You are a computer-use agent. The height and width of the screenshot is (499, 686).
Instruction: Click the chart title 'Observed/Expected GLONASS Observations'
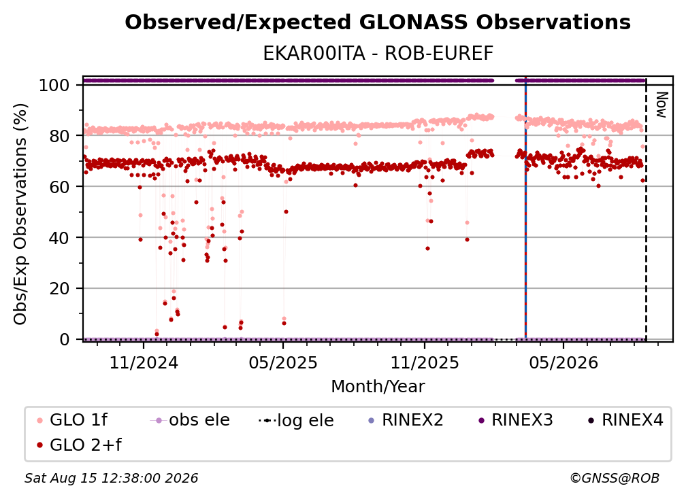coord(378,22)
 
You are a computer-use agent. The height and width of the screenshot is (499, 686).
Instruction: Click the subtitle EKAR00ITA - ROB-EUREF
coord(378,54)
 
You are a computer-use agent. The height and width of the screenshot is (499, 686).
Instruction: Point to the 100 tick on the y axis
coord(54,85)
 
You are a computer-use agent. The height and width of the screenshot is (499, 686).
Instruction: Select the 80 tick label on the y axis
coord(59,136)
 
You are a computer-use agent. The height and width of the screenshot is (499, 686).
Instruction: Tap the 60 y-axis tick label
coord(59,187)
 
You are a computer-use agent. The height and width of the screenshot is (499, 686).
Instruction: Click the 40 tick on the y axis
coord(59,238)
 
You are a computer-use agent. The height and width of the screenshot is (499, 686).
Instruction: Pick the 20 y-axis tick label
coord(59,289)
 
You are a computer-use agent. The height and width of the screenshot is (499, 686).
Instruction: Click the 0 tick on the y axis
coord(65,339)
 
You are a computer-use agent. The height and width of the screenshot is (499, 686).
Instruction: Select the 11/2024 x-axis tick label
coord(144,362)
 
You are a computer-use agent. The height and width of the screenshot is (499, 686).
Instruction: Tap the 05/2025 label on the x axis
coord(283,362)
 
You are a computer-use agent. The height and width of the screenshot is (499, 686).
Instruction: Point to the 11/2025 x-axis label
coord(425,362)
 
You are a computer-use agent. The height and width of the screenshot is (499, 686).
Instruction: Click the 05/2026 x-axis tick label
coord(563,362)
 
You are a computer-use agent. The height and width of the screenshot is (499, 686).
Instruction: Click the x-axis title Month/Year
coord(378,387)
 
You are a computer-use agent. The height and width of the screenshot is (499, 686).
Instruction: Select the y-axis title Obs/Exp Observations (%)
coord(20,214)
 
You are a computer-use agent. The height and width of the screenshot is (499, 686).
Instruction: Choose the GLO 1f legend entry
coord(72,420)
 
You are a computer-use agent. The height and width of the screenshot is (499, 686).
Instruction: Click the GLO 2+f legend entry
coord(79,445)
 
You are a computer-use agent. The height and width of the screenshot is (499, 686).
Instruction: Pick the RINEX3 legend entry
coord(516,420)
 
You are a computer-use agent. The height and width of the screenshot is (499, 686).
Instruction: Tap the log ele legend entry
coord(296,420)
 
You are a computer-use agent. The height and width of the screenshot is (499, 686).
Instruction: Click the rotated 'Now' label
coord(661,105)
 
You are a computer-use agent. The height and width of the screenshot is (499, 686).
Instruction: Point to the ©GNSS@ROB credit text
coord(615,478)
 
